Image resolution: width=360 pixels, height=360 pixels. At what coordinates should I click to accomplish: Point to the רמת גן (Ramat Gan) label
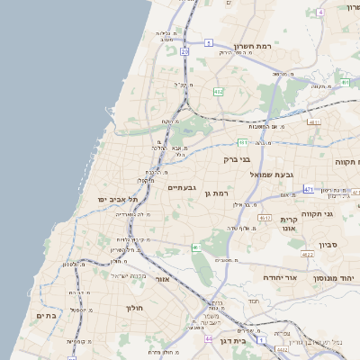[x=219, y=193]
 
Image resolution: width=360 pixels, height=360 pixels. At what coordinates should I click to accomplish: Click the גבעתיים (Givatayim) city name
[x=182, y=188]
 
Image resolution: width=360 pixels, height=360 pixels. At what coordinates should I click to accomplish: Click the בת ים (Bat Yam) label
[x=46, y=316]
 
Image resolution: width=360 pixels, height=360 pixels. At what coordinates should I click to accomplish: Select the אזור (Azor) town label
[x=163, y=279]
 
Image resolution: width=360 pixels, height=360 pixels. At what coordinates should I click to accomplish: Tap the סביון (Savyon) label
[x=328, y=244]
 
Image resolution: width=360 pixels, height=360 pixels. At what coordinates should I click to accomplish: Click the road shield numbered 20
[x=184, y=52]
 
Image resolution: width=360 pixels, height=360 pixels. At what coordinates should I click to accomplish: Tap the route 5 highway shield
[x=208, y=42]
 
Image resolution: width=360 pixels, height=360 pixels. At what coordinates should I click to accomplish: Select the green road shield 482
[x=219, y=92]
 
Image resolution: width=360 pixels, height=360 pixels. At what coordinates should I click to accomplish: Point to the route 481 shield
[x=242, y=142]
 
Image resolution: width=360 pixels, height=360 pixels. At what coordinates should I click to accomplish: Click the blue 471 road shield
[x=309, y=189]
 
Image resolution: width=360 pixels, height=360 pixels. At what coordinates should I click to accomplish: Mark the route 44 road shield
[x=209, y=339]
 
